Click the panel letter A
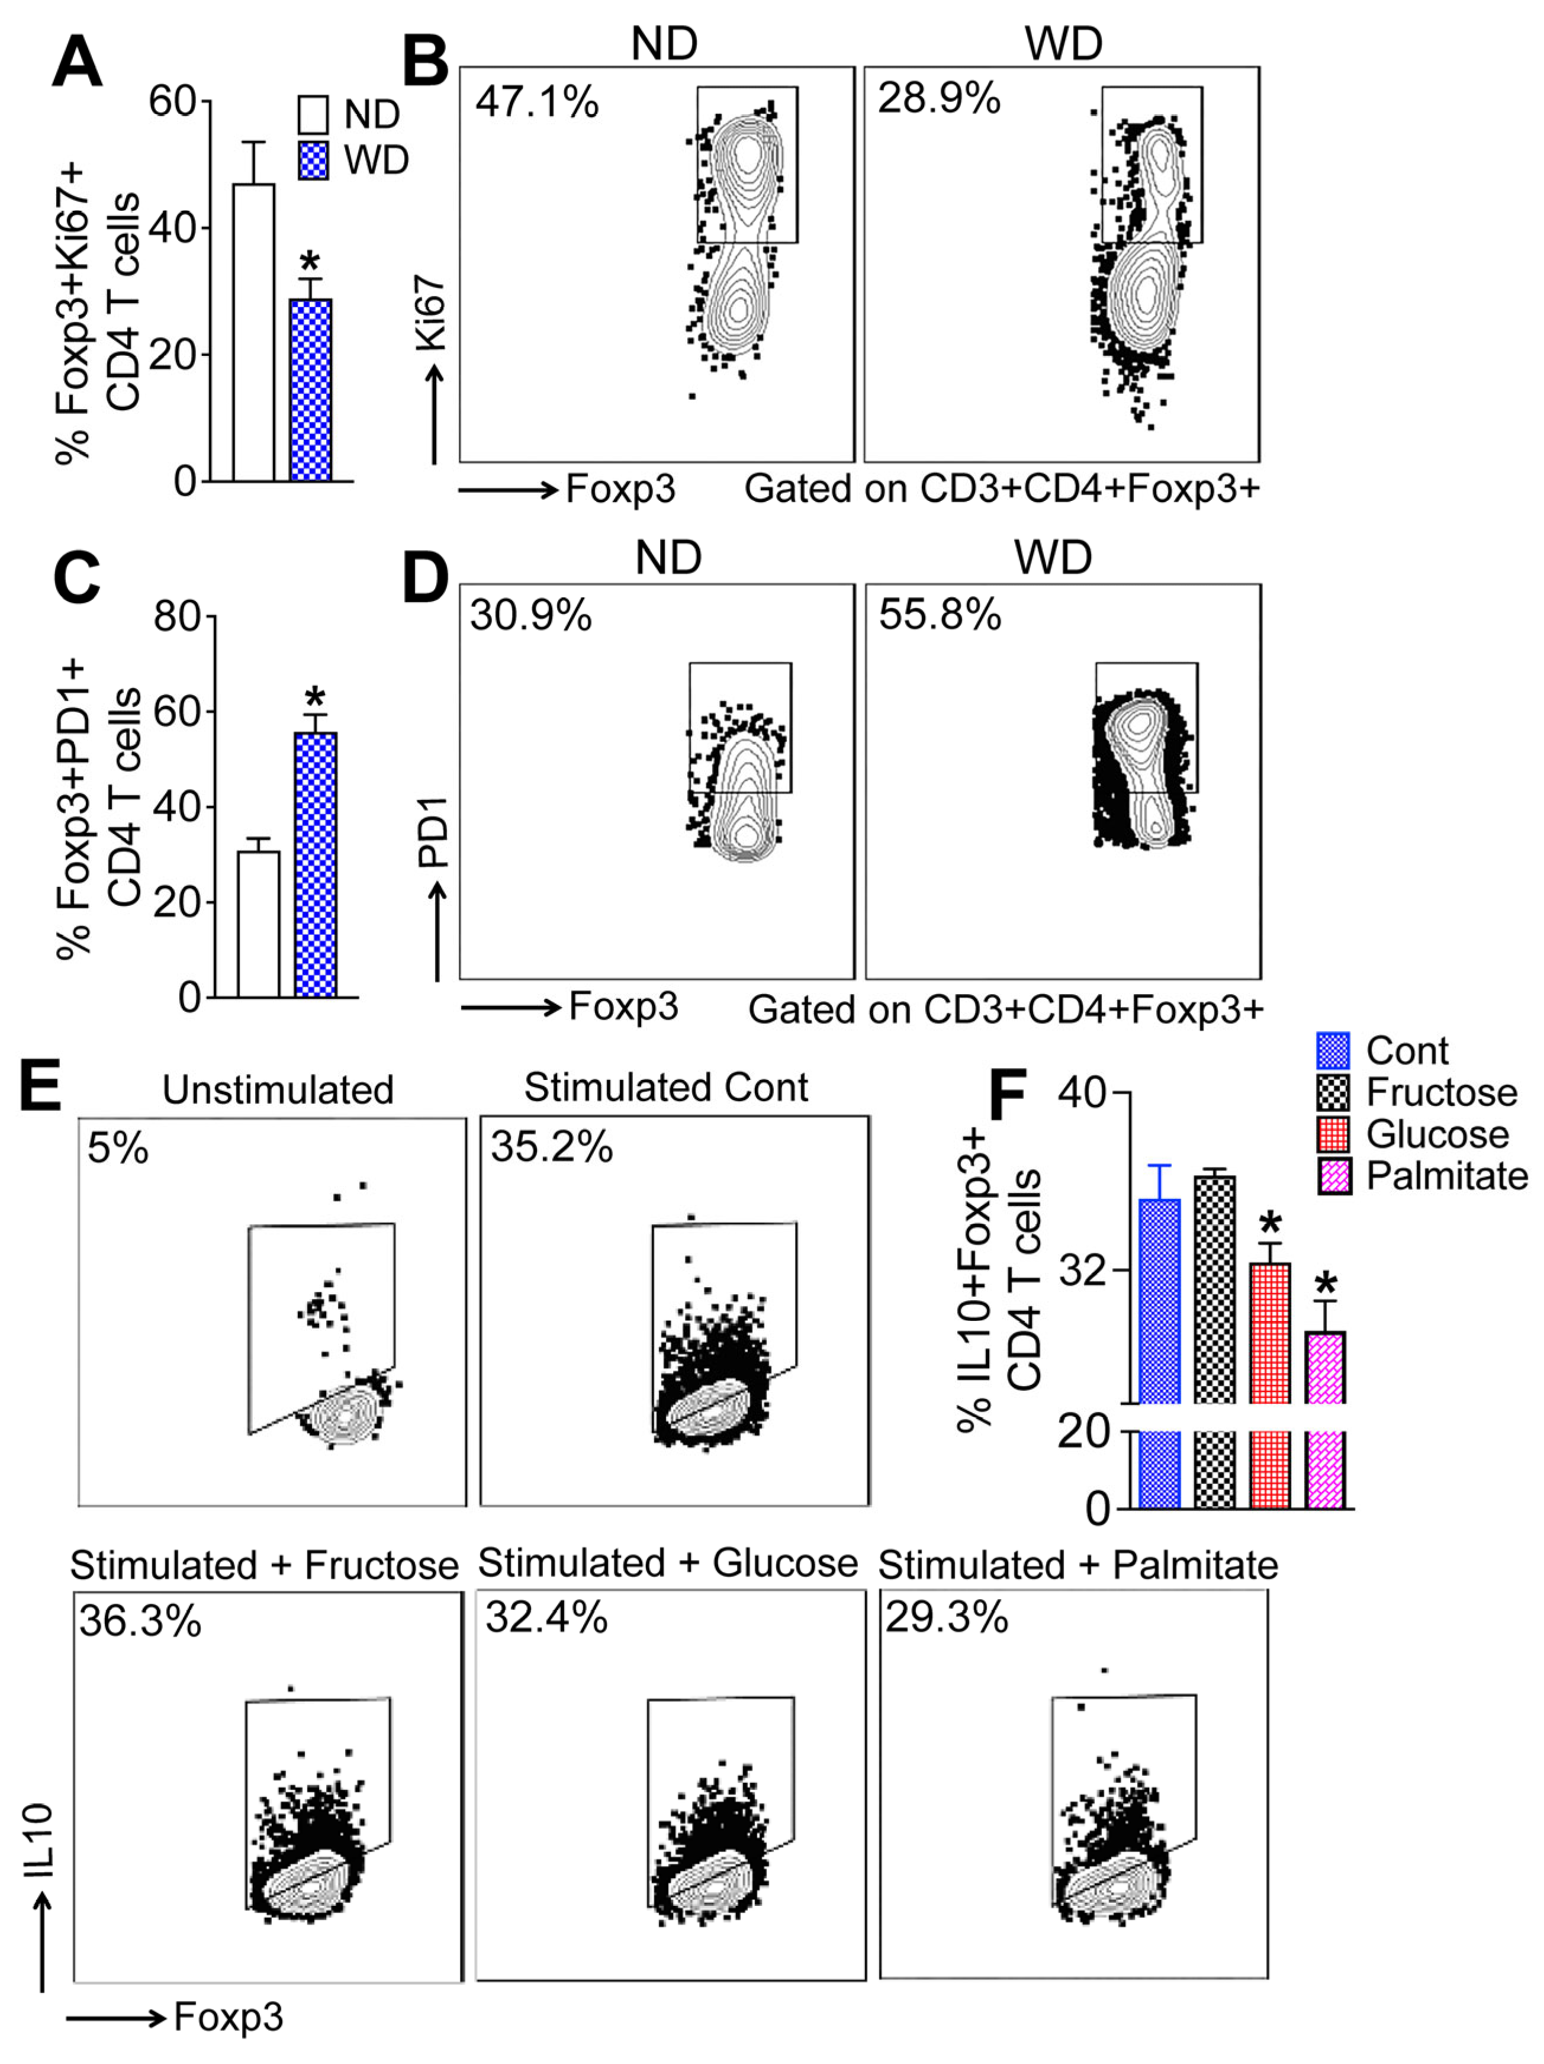click(76, 63)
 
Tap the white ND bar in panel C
click(259, 923)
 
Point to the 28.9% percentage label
click(938, 98)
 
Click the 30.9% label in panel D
click(531, 616)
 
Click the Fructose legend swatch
click(1334, 1092)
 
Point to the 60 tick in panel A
click(173, 101)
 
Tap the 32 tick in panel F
click(1082, 1270)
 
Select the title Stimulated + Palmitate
click(1077, 1565)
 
